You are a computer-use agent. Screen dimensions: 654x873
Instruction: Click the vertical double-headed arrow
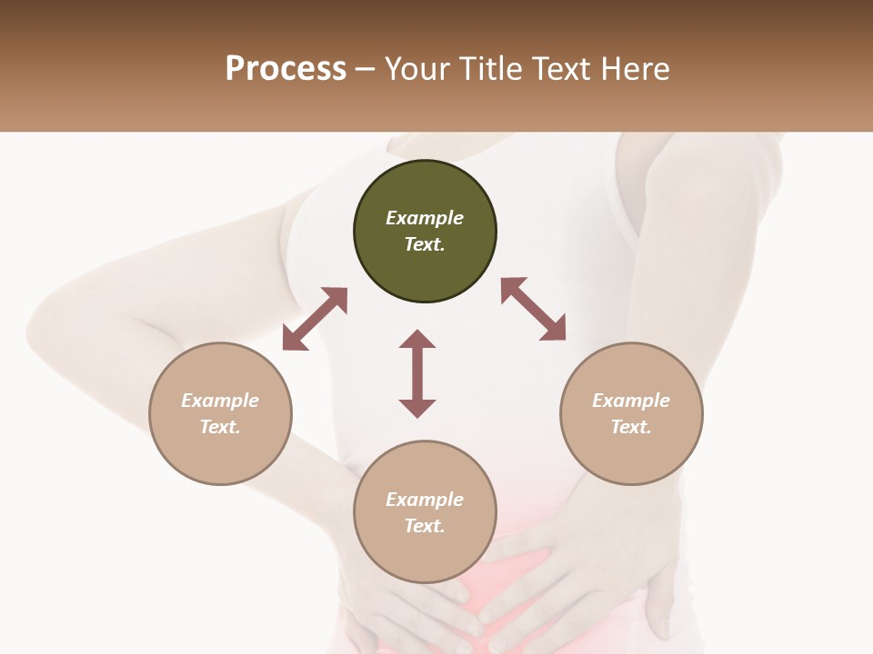[x=417, y=373]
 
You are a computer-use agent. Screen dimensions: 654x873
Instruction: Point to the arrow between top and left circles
[x=315, y=319]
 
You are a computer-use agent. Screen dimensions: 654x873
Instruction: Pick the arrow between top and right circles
[x=534, y=309]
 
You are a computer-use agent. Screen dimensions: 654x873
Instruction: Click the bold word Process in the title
[x=286, y=68]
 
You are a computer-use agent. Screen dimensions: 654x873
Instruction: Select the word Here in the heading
[x=636, y=68]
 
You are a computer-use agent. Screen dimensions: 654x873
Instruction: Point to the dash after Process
[x=365, y=69]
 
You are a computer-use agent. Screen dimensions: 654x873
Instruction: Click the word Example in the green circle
[x=425, y=218]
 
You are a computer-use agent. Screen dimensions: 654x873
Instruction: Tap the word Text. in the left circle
[x=220, y=427]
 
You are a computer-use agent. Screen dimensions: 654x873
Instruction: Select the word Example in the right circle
[x=631, y=401]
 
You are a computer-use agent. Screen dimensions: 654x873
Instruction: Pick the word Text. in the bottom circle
[x=425, y=526]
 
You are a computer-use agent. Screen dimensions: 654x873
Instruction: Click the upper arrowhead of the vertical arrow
[x=417, y=339]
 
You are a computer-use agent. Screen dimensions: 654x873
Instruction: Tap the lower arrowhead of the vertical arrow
[x=417, y=408]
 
